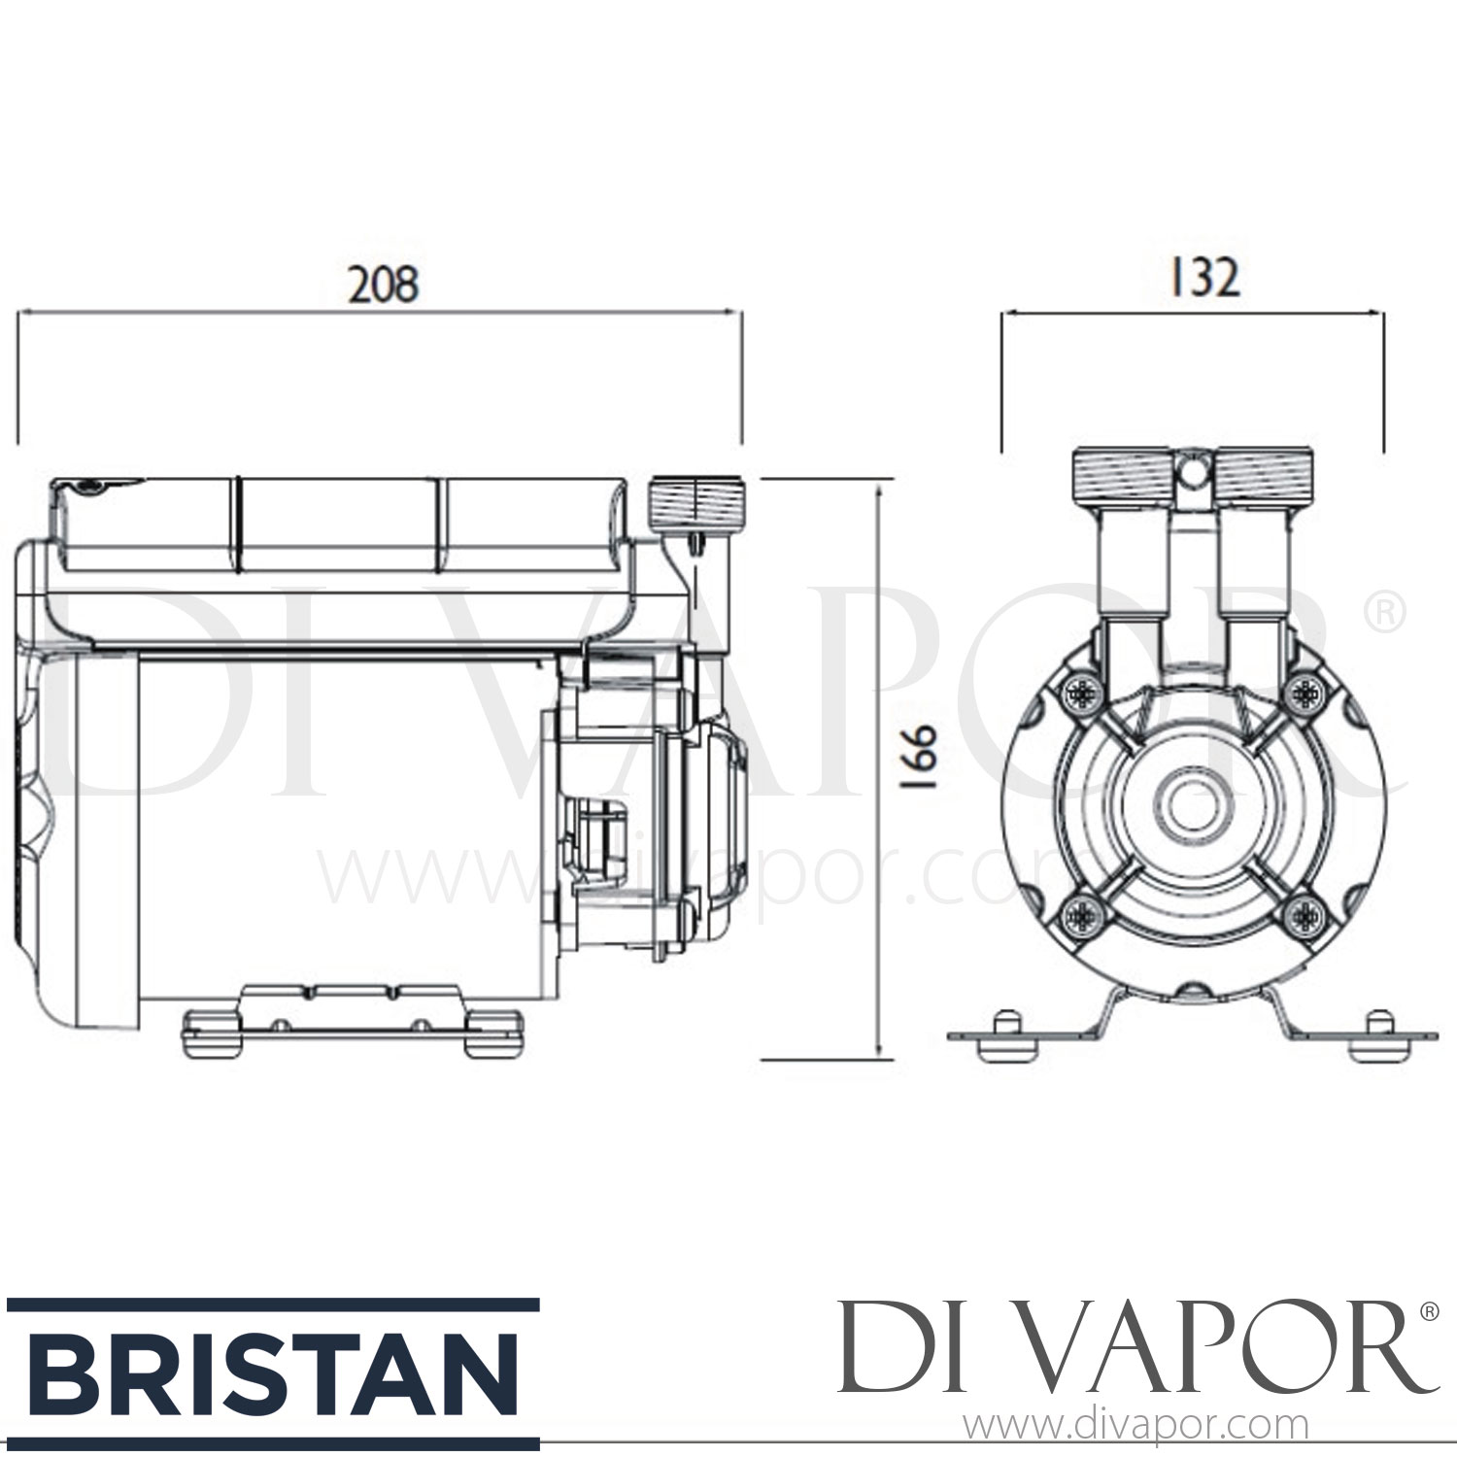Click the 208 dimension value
coord(383,285)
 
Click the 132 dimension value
coord(1203,279)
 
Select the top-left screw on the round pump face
coord(1078,694)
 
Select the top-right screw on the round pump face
coord(1305,694)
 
